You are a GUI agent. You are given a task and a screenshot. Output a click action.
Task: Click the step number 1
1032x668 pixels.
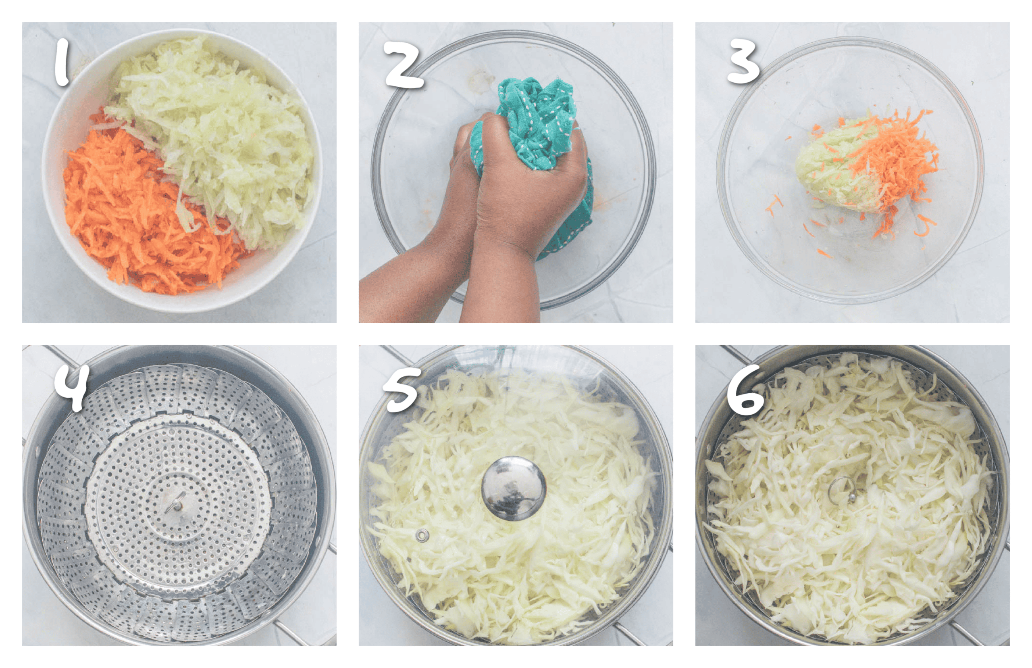[62, 62]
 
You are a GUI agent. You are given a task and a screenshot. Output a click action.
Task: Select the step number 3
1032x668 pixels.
[743, 62]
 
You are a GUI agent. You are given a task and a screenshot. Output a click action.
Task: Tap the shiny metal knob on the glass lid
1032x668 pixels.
[514, 488]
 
